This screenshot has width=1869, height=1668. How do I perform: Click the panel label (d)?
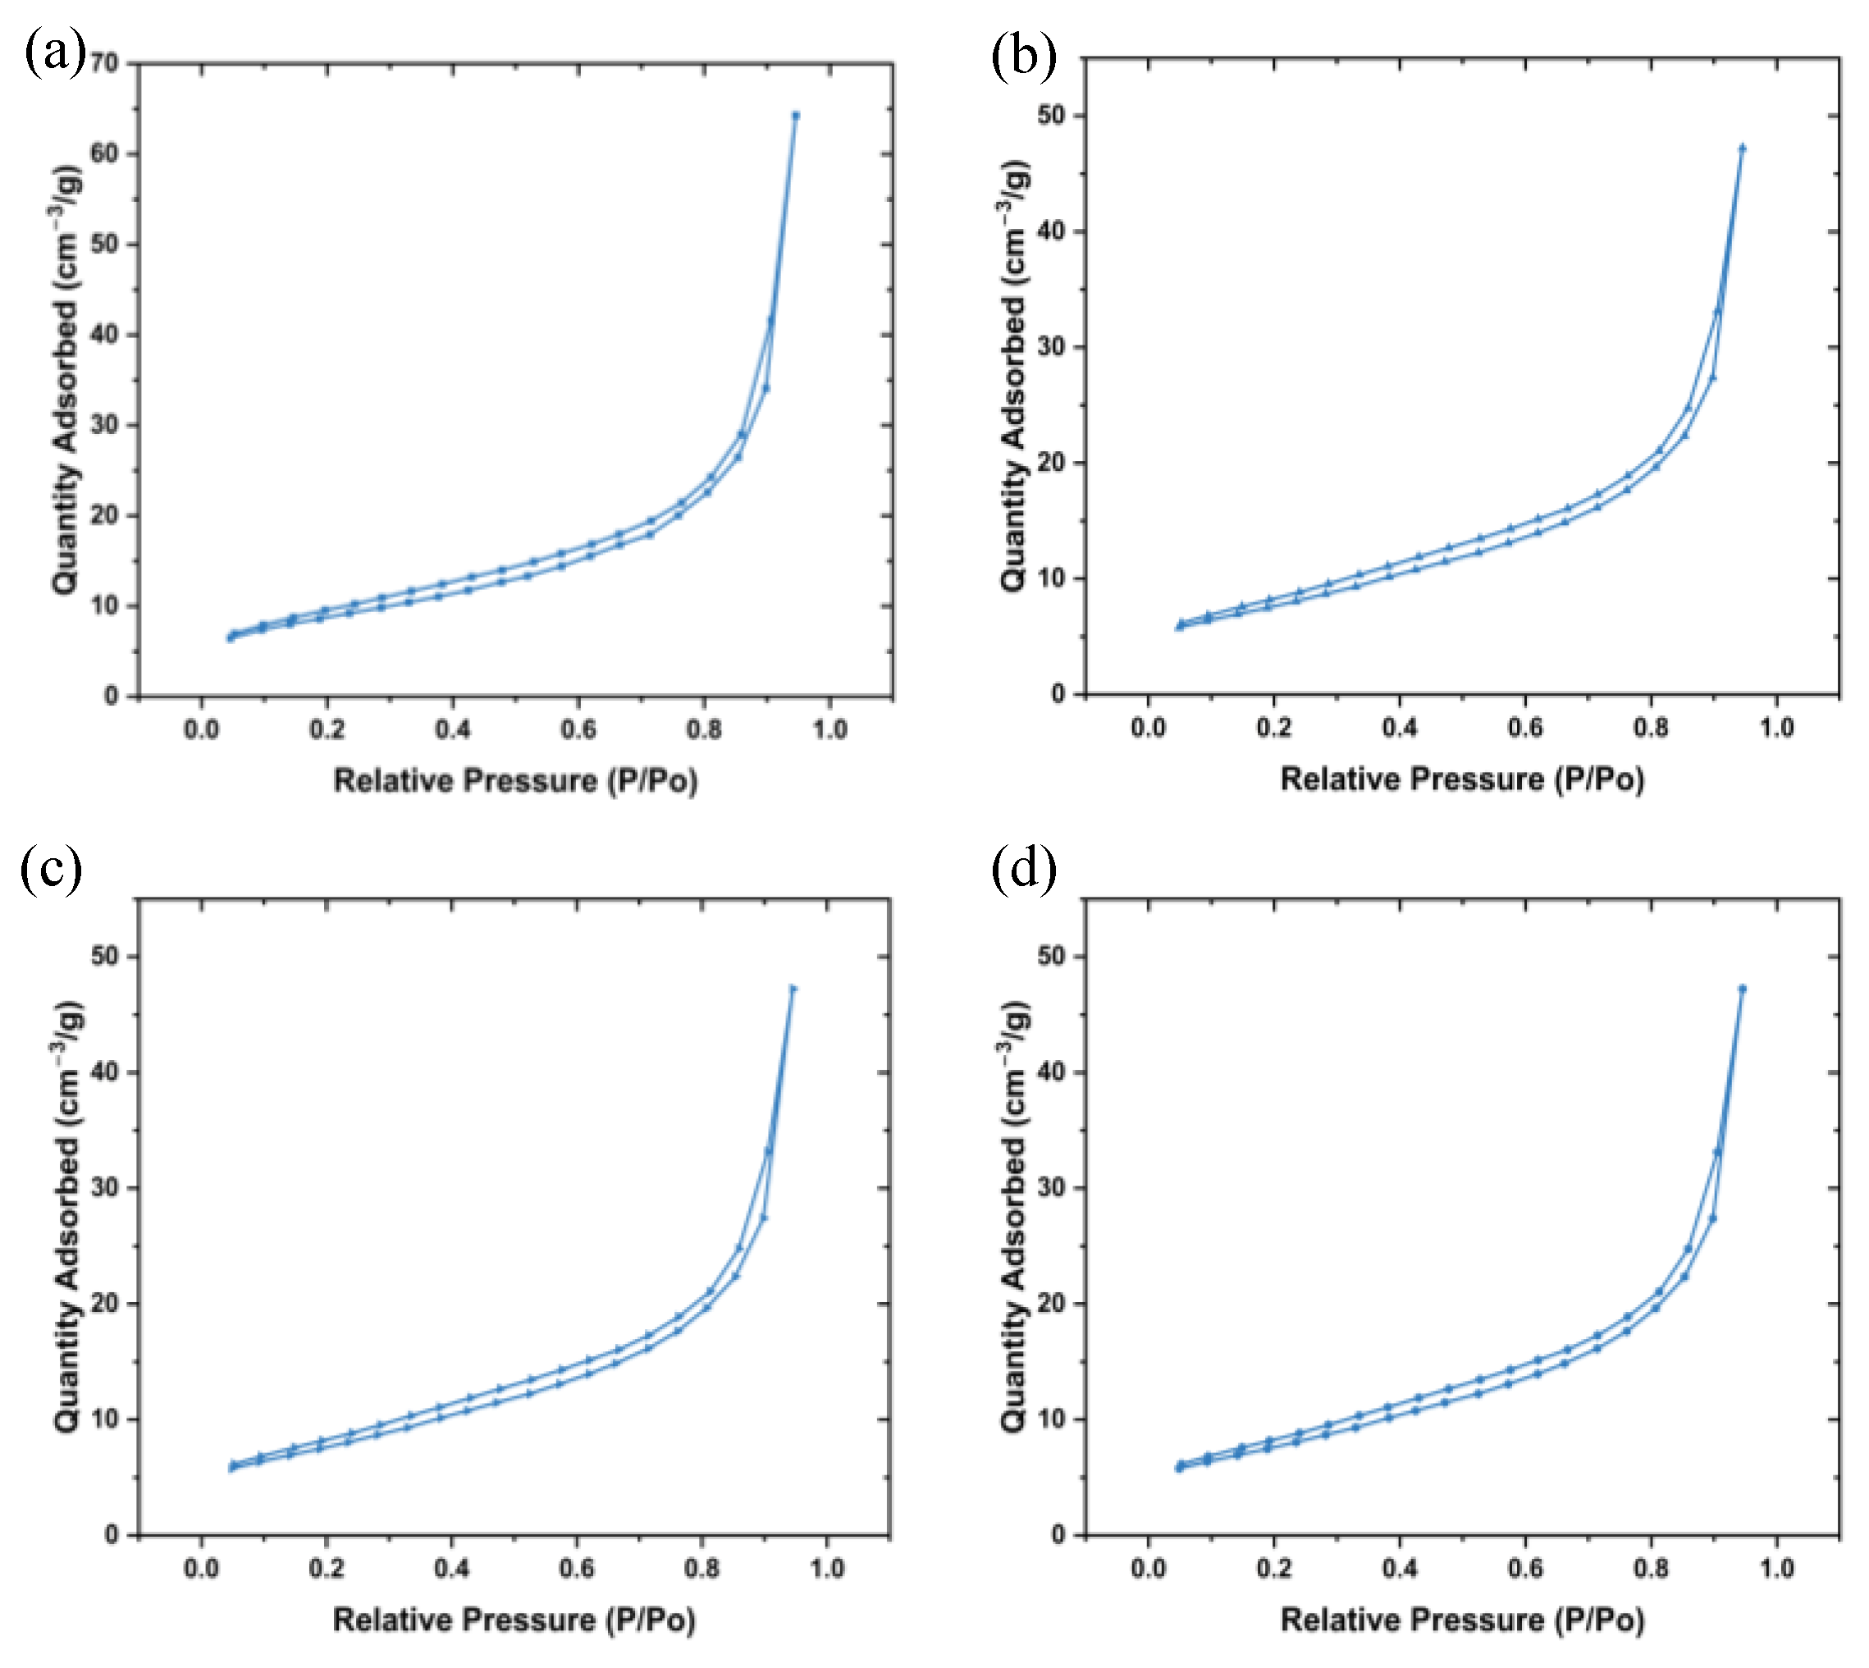(1023, 868)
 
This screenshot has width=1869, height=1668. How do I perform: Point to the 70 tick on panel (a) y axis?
(104, 63)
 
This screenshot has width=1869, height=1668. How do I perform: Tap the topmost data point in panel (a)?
(796, 116)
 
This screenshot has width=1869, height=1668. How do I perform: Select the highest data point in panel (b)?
(1742, 148)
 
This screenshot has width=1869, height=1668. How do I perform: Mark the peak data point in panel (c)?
(793, 989)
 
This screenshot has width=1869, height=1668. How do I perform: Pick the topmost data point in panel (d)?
(1742, 989)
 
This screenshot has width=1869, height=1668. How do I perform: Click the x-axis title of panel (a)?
(515, 781)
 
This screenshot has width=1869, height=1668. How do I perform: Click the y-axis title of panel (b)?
(1014, 376)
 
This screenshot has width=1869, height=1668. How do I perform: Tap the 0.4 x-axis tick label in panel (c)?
(452, 1568)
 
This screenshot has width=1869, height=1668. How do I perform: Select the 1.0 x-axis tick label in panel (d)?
(1775, 1568)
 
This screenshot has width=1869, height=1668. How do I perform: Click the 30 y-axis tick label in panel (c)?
(104, 1188)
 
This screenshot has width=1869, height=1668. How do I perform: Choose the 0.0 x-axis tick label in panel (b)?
(1148, 728)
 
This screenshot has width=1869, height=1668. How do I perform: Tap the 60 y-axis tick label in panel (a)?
(104, 153)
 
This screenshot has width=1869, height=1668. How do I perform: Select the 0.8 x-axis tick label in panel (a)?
(703, 729)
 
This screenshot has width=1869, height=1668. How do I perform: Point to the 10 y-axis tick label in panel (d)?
(1054, 1419)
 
